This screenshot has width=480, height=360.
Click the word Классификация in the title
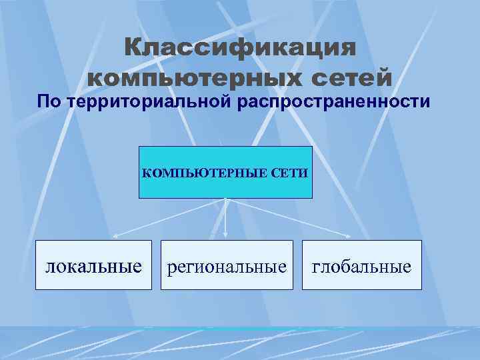coord(240,48)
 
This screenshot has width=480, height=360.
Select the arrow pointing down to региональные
coord(226,217)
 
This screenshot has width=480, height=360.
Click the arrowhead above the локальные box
coord(114,235)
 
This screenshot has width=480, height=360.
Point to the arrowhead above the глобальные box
coord(349,235)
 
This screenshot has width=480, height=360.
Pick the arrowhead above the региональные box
coord(226,235)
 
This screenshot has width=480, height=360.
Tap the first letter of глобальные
coord(316,267)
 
